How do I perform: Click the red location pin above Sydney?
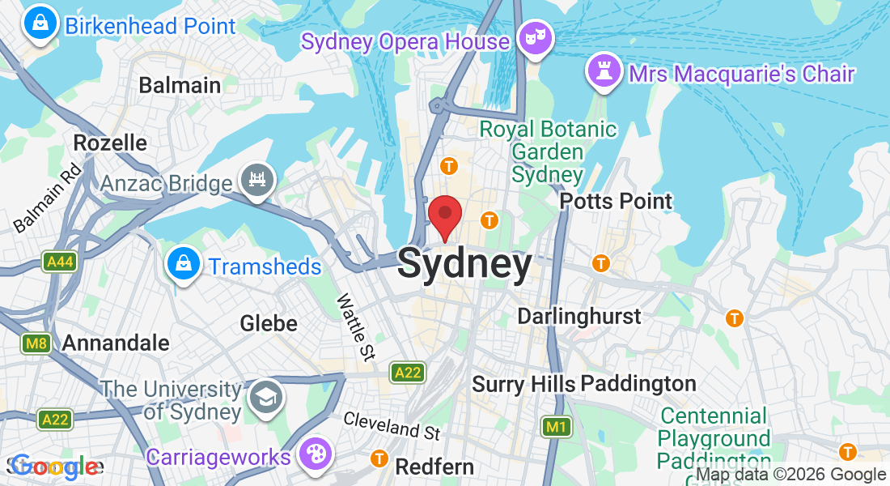(444, 215)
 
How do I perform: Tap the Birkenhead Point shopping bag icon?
(40, 24)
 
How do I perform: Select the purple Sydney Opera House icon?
(533, 38)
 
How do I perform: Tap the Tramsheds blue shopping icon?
(184, 264)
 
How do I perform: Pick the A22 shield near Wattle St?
(407, 373)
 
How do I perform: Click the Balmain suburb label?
(180, 85)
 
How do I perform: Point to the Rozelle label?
(110, 143)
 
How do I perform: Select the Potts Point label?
(617, 201)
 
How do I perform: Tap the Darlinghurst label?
(578, 316)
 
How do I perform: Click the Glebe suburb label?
(269, 324)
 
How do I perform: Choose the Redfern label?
(434, 467)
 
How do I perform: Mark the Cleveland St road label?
(392, 426)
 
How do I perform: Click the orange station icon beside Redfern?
(378, 458)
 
